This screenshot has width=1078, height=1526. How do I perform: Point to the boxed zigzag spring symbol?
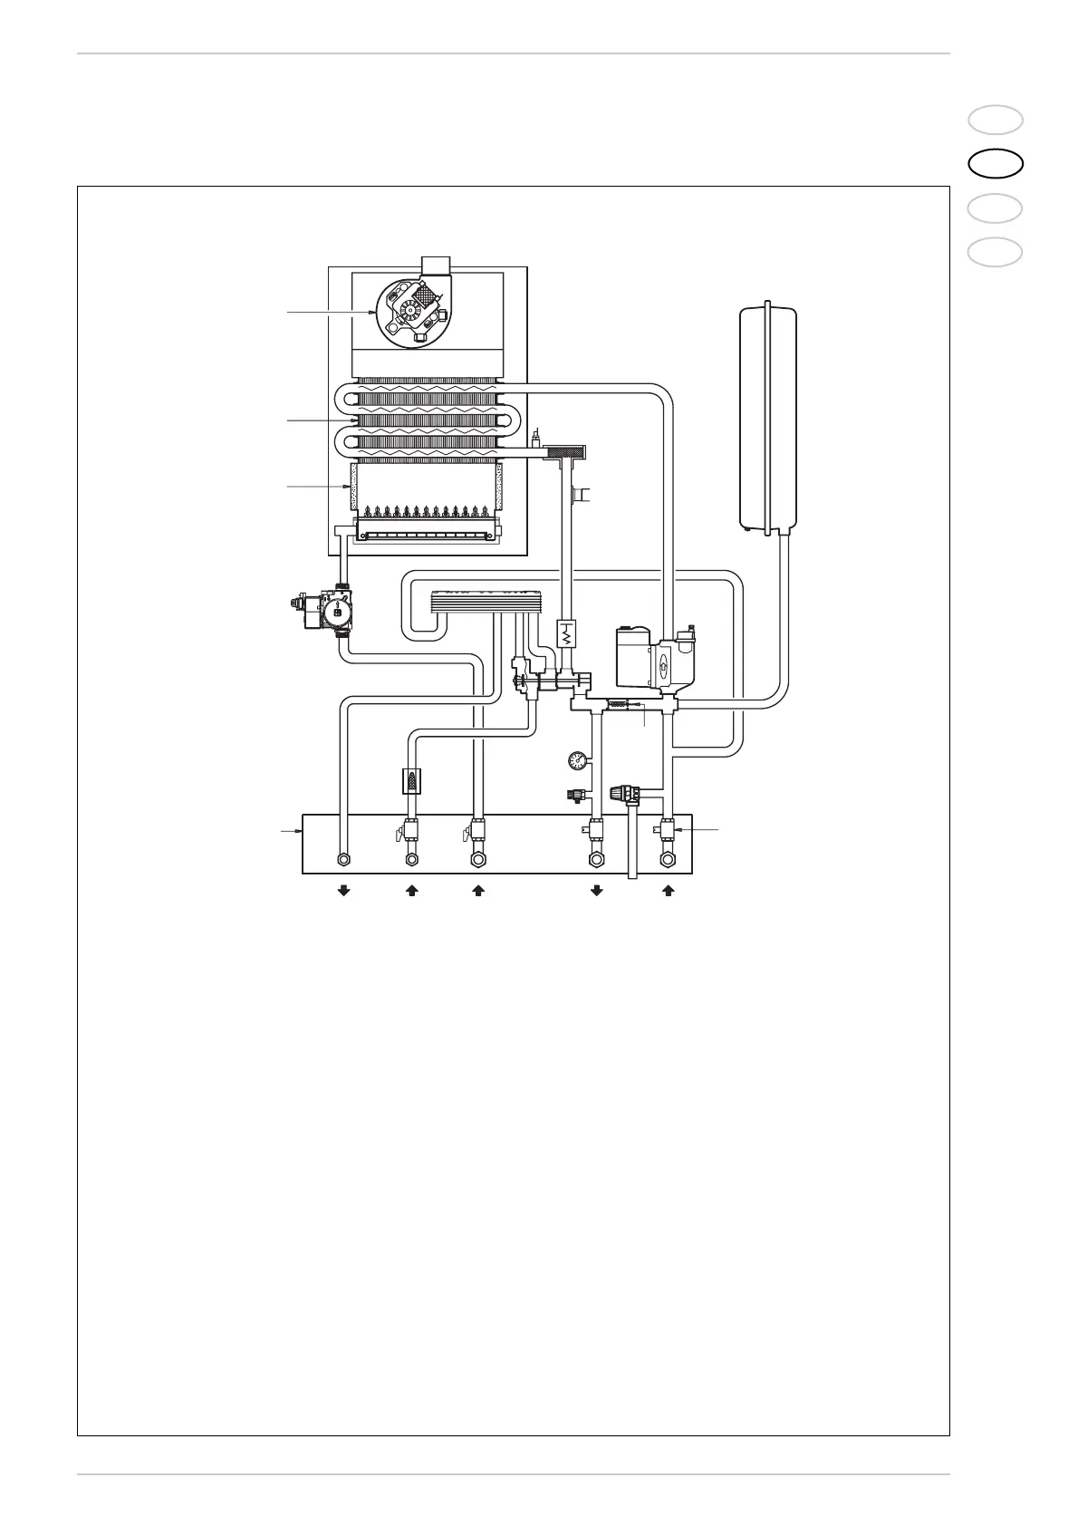[565, 633]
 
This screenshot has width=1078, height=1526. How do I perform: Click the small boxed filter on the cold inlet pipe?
[412, 780]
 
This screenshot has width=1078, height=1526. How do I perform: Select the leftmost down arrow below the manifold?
[343, 892]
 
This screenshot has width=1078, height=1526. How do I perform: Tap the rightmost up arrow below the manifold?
[669, 892]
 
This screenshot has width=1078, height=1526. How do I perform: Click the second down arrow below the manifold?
[596, 892]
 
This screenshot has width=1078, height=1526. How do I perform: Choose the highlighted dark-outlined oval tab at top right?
[995, 163]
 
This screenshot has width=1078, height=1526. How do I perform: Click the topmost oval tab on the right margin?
[995, 120]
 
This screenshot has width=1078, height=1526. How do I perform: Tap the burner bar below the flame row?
[427, 534]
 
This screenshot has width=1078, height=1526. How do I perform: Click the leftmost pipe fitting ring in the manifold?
[343, 859]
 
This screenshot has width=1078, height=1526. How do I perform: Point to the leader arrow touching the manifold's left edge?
[293, 829]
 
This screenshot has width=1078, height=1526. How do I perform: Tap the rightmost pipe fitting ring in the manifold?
[669, 859]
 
